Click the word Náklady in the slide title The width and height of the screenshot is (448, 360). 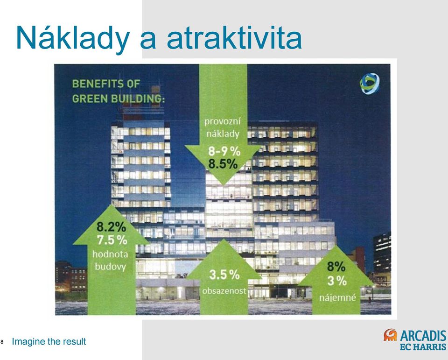click(73, 38)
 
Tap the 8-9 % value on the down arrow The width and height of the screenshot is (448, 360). click(224, 151)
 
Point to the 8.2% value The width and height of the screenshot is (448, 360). click(112, 227)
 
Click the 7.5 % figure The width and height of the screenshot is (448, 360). click(112, 240)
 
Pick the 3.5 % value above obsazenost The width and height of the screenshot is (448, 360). click(224, 275)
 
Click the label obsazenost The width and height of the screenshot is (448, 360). click(224, 291)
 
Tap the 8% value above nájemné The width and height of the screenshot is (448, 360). click(336, 267)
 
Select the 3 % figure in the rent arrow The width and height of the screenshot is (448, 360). click(337, 281)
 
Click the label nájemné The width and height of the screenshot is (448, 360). click(338, 298)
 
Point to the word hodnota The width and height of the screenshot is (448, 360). click(110, 254)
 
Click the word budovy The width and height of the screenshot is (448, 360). click(110, 267)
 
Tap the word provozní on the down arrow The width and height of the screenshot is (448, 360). click(223, 122)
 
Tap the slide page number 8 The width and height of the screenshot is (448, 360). click(2, 342)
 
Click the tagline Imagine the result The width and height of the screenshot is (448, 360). click(49, 341)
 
